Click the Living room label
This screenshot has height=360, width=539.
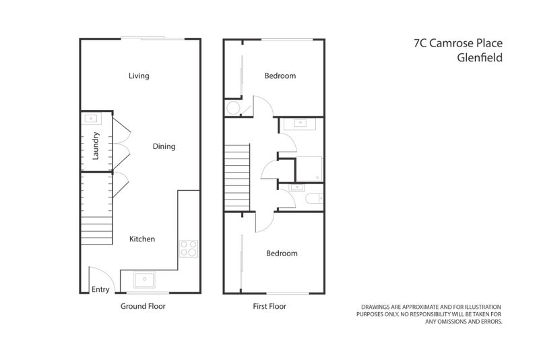pyautogui.click(x=139, y=76)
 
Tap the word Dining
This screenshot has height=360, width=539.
pyautogui.click(x=164, y=146)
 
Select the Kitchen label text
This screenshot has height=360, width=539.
pyautogui.click(x=142, y=239)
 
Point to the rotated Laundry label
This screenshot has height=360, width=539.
pyautogui.click(x=96, y=146)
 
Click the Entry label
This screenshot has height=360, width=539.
pyautogui.click(x=100, y=289)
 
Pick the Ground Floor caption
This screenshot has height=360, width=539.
pyautogui.click(x=143, y=306)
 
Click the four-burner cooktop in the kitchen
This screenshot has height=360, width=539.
pyautogui.click(x=188, y=249)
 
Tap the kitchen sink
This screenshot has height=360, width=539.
pyautogui.click(x=145, y=279)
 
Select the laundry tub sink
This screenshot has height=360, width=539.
pyautogui.click(x=90, y=119)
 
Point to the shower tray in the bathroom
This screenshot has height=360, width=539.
pyautogui.click(x=309, y=169)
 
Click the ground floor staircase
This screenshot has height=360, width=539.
pyautogui.click(x=97, y=231)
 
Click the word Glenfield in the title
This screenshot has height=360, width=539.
pyautogui.click(x=480, y=57)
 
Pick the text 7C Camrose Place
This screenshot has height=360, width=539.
pyautogui.click(x=458, y=43)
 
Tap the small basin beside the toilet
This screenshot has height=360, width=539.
pyautogui.click(x=294, y=187)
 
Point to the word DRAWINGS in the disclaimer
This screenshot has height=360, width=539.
pyautogui.click(x=379, y=307)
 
